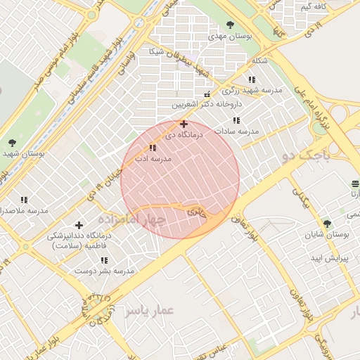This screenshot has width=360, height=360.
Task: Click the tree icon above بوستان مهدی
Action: (231, 25)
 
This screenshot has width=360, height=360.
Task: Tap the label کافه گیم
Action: (314, 7)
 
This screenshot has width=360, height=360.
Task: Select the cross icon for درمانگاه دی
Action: (184, 123)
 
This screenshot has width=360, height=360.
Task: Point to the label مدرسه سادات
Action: (237, 131)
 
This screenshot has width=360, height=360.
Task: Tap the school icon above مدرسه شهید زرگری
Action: (252, 80)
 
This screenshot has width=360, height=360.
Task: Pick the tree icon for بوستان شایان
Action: (326, 224)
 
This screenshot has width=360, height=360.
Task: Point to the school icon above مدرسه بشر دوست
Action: (104, 260)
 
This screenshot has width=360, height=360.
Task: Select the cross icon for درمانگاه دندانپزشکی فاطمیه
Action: (79, 225)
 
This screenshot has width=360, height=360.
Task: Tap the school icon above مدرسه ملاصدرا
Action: (24, 200)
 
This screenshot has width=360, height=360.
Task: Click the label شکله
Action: (258, 61)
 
